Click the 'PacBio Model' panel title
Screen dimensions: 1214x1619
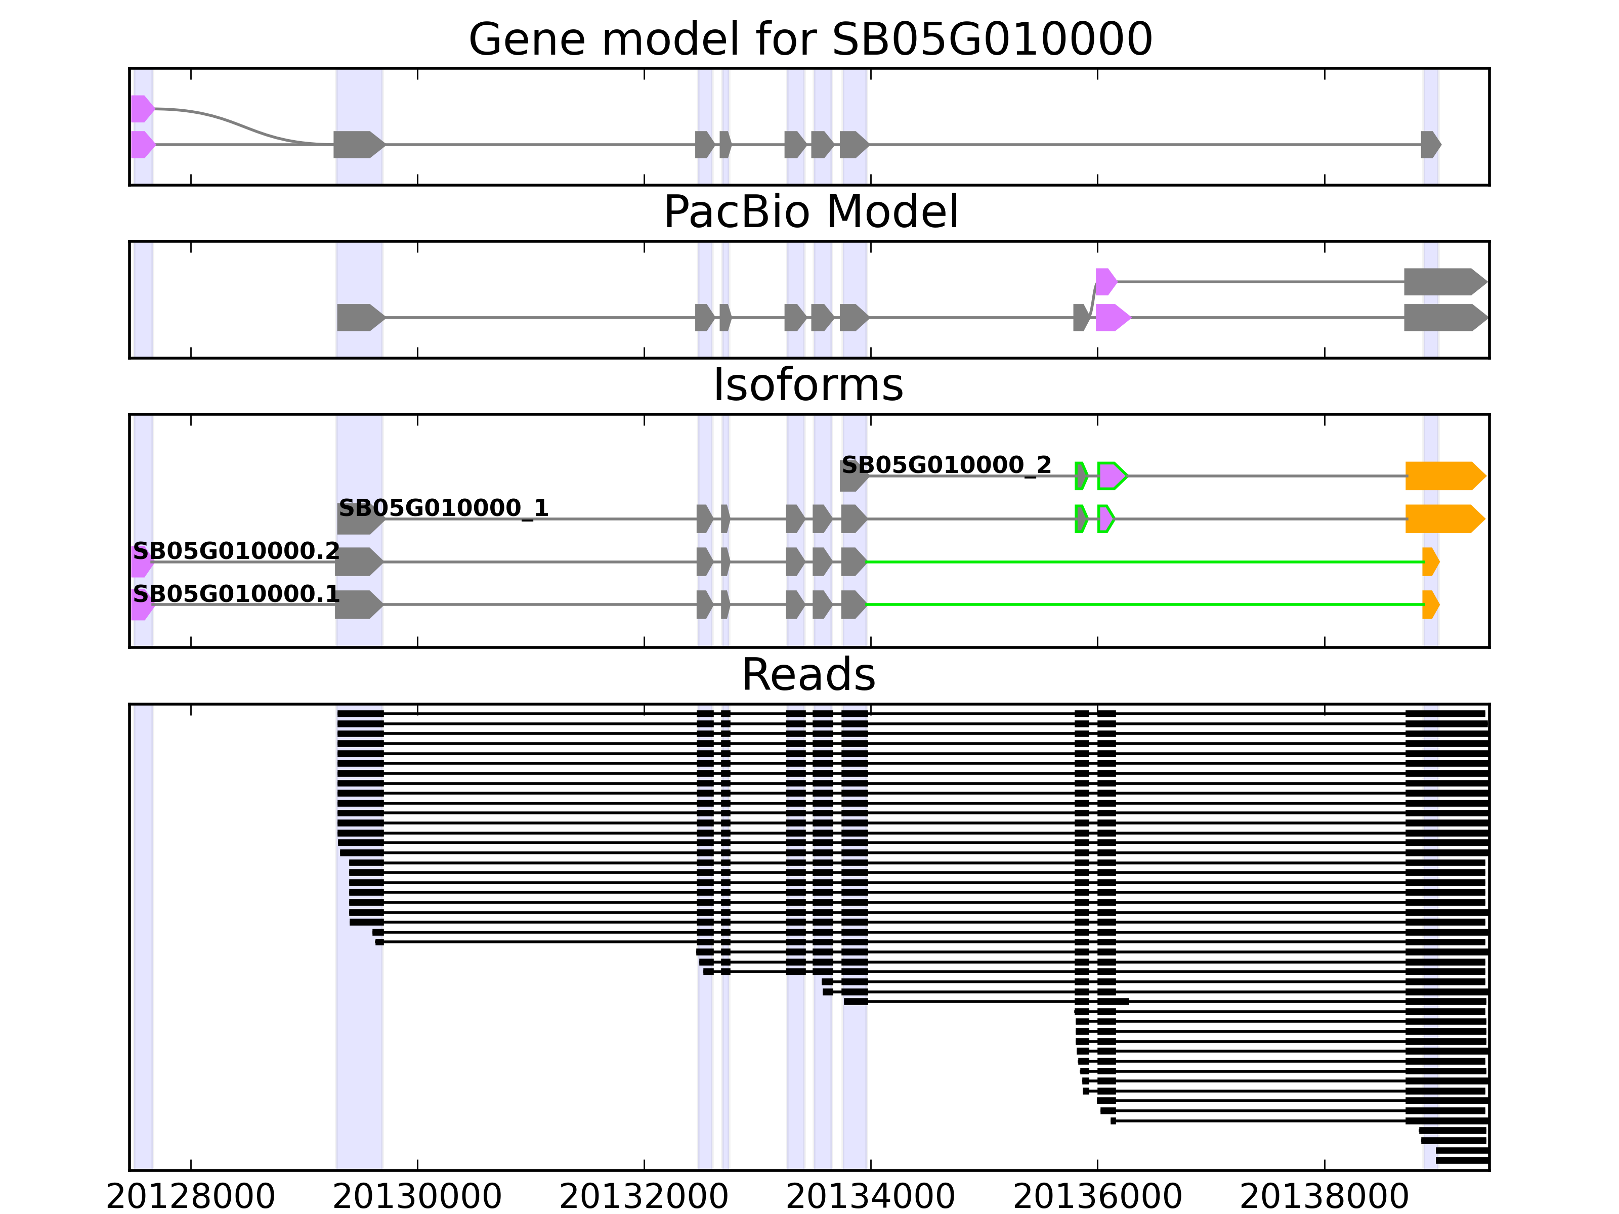(810, 212)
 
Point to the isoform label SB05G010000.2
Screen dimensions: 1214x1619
(236, 551)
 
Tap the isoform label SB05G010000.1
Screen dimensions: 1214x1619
(236, 593)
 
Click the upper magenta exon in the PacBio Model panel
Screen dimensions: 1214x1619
(1105, 282)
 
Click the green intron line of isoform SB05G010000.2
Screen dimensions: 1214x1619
(1142, 562)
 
